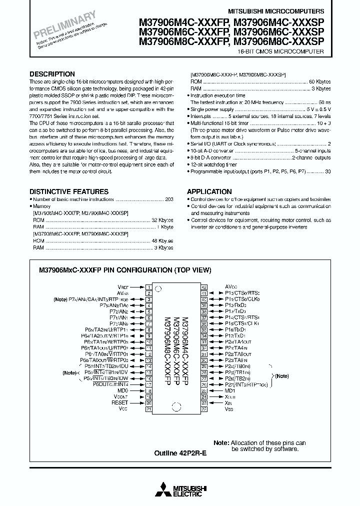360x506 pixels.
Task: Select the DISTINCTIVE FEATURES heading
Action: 68,191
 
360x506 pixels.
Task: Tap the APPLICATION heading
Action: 209,191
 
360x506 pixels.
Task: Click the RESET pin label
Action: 120,402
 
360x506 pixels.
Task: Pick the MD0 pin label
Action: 122,390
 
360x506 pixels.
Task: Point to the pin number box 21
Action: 148,408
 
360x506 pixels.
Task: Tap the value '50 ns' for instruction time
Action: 324,102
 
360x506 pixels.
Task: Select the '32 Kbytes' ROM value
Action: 162,219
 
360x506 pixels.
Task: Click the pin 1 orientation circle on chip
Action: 159,288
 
